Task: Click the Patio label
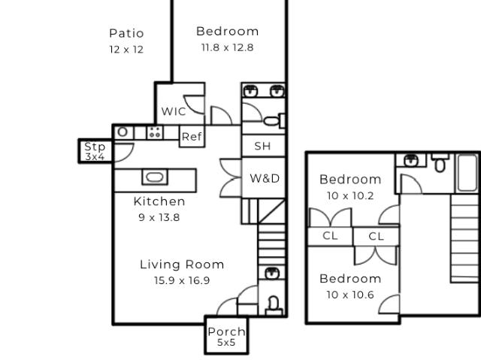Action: pos(126,33)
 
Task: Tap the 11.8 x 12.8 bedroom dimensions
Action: pos(227,47)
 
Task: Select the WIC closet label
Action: pos(174,111)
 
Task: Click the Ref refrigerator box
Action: pos(192,137)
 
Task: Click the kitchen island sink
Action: pos(154,178)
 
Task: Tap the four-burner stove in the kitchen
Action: pos(154,133)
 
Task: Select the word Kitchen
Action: pos(159,201)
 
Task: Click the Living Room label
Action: pos(182,265)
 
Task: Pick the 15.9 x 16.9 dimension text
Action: pos(182,281)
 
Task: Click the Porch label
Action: pos(226,332)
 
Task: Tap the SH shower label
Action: pos(262,147)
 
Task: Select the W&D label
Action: pos(265,179)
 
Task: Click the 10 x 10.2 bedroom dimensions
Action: pos(350,196)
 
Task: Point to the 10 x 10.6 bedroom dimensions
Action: pos(350,295)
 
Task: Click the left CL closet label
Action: pos(330,236)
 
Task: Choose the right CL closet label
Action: pos(377,236)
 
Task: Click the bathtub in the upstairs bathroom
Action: pos(467,174)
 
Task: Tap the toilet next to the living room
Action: pos(273,304)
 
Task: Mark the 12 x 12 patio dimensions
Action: pos(126,50)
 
